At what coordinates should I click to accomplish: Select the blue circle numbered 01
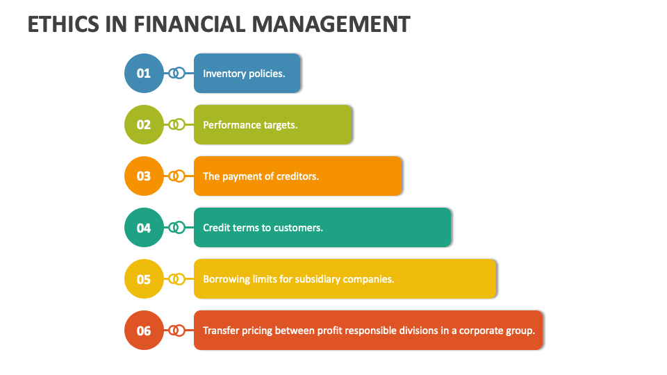click(x=144, y=73)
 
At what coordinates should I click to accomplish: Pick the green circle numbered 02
click(x=144, y=124)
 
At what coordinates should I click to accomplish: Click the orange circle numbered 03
click(x=144, y=176)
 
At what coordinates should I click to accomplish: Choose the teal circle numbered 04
click(x=144, y=227)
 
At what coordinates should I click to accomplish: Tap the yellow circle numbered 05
click(x=144, y=279)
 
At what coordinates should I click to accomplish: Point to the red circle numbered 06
click(x=144, y=331)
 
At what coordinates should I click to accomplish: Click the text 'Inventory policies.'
click(x=244, y=73)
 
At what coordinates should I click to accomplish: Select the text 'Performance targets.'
click(x=250, y=125)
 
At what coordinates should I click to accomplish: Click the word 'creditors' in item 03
click(x=297, y=176)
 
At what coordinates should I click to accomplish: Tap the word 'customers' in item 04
click(x=299, y=228)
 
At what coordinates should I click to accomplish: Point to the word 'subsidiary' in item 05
click(x=318, y=279)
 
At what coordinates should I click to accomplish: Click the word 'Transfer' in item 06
click(x=221, y=331)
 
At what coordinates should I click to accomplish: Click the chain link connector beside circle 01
click(x=177, y=73)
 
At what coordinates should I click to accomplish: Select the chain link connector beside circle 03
click(x=177, y=176)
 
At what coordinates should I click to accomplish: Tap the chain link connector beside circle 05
click(x=177, y=279)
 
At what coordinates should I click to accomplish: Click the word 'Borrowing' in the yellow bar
click(x=226, y=279)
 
